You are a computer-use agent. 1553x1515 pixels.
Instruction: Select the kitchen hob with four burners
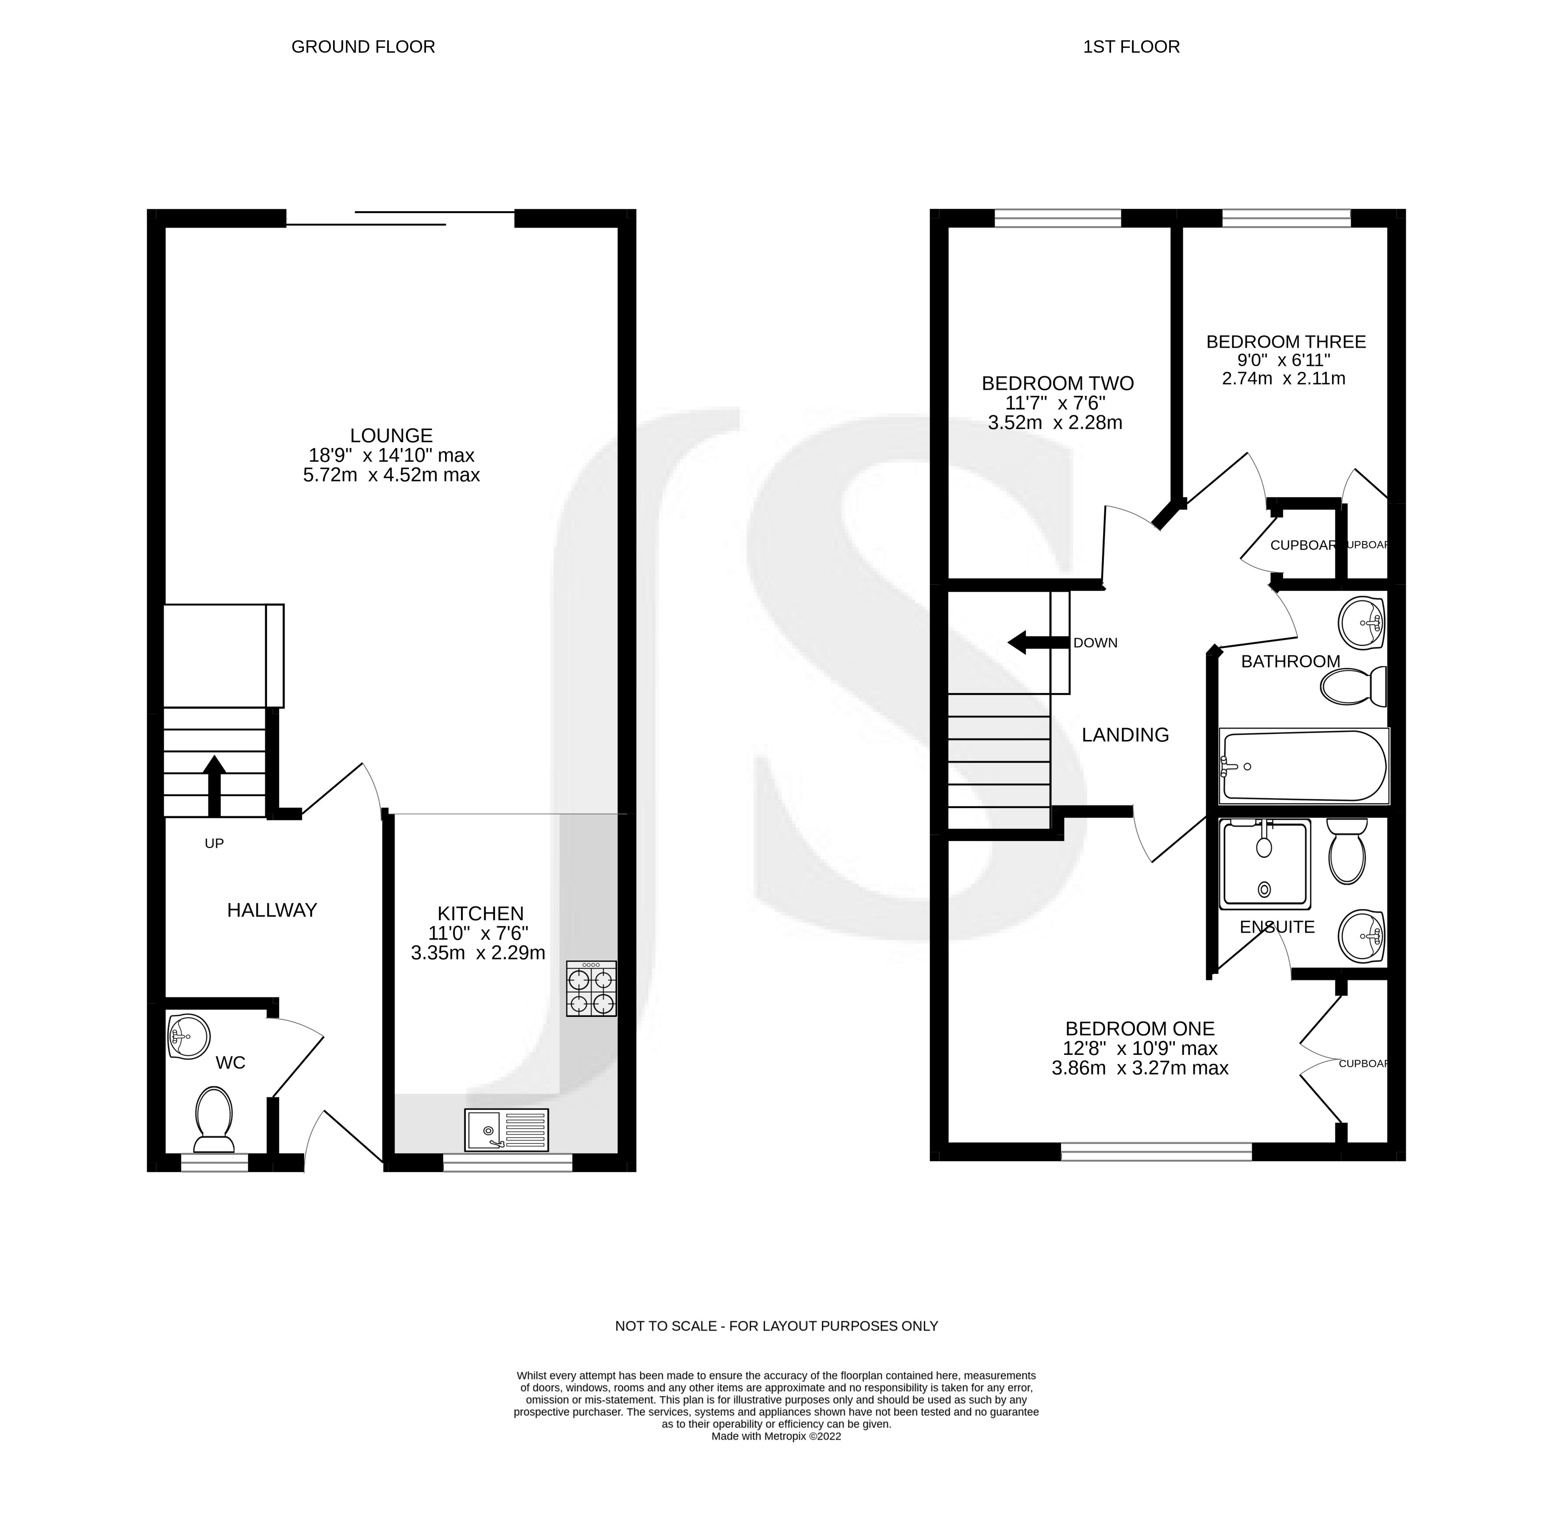pyautogui.click(x=591, y=988)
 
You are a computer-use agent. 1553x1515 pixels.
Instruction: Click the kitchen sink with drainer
pyautogui.click(x=507, y=1130)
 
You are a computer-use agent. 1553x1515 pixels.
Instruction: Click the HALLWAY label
pyautogui.click(x=272, y=910)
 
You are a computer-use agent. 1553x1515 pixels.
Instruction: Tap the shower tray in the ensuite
pyautogui.click(x=1265, y=865)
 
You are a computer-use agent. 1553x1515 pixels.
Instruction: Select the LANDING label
pyautogui.click(x=1124, y=735)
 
